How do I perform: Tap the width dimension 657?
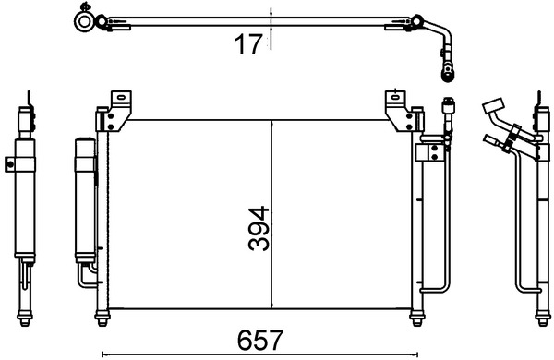[259, 338]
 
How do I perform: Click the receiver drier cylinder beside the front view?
[82, 198]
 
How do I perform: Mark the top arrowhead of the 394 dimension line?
[271, 123]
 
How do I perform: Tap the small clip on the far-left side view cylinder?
[10, 166]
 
